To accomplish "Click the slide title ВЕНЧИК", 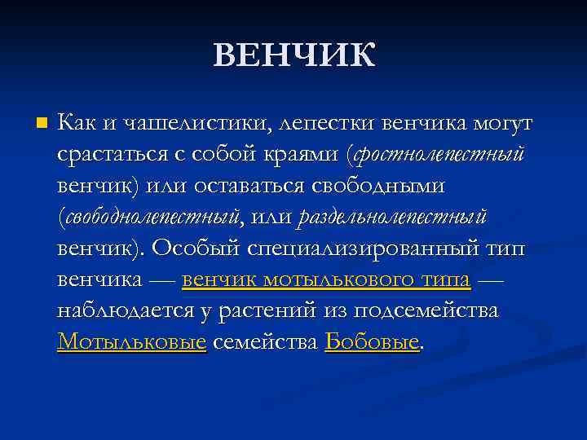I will point(294,56).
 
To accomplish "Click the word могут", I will point(499,124).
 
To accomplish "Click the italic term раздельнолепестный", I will point(394,218).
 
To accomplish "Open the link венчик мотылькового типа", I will point(326,279).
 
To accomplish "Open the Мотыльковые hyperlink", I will point(131,341).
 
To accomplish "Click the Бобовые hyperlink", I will point(372,341).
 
